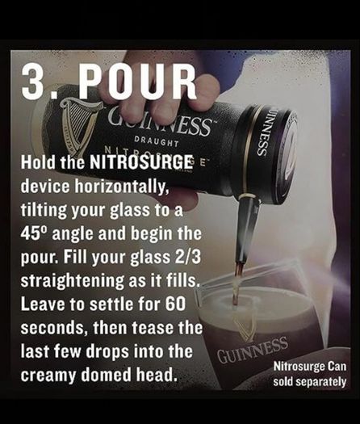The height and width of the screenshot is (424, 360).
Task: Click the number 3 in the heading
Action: click(x=33, y=81)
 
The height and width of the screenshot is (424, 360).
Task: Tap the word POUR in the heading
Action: click(x=137, y=81)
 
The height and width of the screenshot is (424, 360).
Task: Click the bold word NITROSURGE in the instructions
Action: click(x=140, y=162)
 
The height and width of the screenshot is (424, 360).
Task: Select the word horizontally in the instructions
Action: click(x=122, y=186)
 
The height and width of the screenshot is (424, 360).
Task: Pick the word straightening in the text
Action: click(x=73, y=281)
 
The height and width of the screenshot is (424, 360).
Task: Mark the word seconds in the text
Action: click(x=54, y=328)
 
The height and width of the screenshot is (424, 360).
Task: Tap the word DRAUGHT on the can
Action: click(x=157, y=141)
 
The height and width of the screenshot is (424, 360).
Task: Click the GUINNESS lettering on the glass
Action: click(x=252, y=351)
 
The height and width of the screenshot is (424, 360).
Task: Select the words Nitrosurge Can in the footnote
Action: click(x=310, y=367)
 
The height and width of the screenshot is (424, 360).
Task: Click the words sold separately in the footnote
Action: click(x=310, y=382)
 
